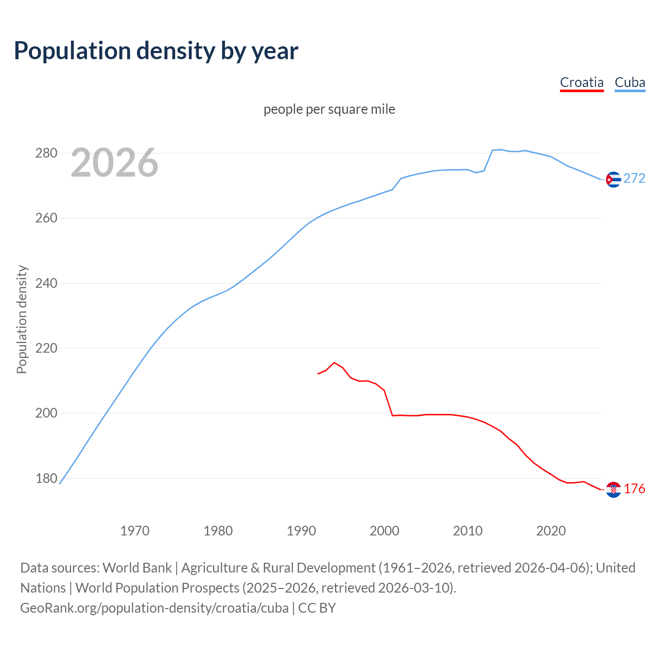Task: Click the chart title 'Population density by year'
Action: click(156, 51)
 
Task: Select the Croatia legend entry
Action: click(581, 82)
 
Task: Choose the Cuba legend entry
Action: click(630, 82)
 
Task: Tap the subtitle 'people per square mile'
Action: click(329, 110)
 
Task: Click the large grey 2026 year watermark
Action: click(114, 163)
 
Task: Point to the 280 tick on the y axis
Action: click(46, 153)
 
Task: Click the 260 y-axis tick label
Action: click(46, 218)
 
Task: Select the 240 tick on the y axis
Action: click(46, 283)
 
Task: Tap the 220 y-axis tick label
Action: click(46, 349)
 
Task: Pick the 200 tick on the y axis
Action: click(46, 413)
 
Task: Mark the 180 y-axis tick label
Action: click(46, 478)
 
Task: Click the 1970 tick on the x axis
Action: click(135, 531)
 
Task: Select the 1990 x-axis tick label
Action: click(301, 531)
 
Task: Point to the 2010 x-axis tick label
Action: click(467, 531)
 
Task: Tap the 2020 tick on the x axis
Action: click(551, 531)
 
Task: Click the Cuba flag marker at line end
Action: click(613, 179)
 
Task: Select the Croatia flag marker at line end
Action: click(613, 490)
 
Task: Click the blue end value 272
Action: click(634, 179)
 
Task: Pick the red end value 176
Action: click(634, 489)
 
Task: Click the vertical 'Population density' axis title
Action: click(22, 319)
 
